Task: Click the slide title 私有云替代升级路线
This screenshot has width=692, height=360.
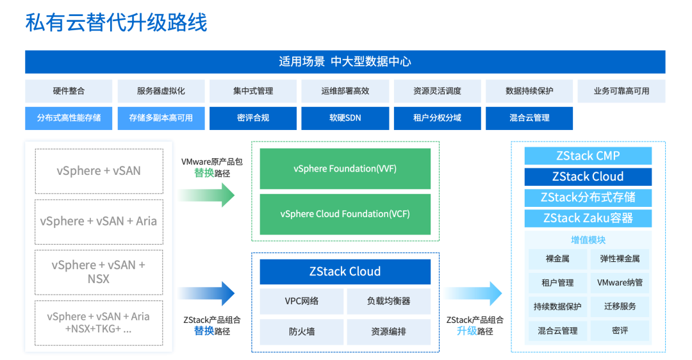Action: [116, 23]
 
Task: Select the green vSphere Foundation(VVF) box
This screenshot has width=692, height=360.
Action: [345, 169]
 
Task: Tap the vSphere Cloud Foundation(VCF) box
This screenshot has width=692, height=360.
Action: [345, 214]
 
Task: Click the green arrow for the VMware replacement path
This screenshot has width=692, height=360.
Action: [206, 195]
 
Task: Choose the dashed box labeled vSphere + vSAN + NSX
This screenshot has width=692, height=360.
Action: [99, 272]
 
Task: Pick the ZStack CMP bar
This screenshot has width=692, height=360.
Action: [588, 156]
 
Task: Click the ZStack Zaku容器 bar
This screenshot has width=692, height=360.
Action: [588, 218]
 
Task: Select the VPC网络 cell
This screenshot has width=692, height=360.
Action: [301, 301]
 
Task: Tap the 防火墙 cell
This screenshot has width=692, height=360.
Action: [301, 332]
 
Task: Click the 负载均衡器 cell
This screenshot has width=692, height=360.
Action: [388, 301]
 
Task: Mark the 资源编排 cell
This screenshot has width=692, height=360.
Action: [388, 332]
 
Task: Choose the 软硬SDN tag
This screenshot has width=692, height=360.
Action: [345, 118]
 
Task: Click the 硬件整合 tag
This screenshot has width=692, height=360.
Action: [69, 91]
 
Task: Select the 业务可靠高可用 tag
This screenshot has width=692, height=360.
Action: [621, 91]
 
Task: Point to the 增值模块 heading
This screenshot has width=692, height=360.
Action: [588, 240]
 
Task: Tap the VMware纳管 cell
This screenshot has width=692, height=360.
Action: [620, 282]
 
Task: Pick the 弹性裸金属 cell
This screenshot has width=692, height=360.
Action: [620, 259]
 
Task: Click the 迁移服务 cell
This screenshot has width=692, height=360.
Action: [620, 306]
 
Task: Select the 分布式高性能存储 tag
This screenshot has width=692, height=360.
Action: [69, 118]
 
